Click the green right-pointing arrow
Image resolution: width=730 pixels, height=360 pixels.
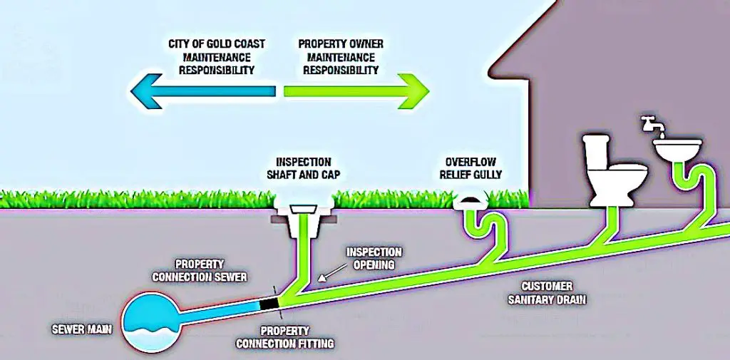(x=356, y=91)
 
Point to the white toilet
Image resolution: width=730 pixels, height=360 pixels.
(x=614, y=170)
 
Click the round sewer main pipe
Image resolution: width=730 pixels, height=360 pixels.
(x=153, y=324)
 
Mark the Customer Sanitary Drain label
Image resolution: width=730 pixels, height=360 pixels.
(x=547, y=293)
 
